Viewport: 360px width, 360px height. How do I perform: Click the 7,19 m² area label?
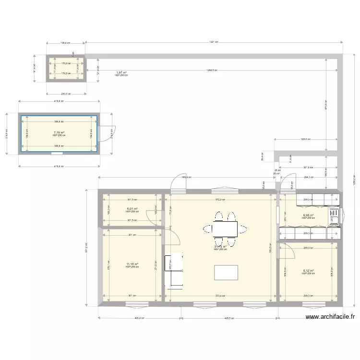[x=59, y=132]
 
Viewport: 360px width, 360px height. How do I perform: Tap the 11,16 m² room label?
[x=132, y=264]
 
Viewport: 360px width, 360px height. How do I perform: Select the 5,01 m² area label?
[x=132, y=209]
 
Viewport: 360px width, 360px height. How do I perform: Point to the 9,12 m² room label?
[x=308, y=271]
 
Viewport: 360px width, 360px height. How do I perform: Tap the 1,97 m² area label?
[x=121, y=73]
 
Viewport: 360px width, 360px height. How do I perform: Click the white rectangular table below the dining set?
[x=226, y=272]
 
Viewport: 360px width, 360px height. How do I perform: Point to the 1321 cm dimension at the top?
[x=214, y=42]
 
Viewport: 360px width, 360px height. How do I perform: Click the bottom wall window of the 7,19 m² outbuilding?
[x=57, y=154]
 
